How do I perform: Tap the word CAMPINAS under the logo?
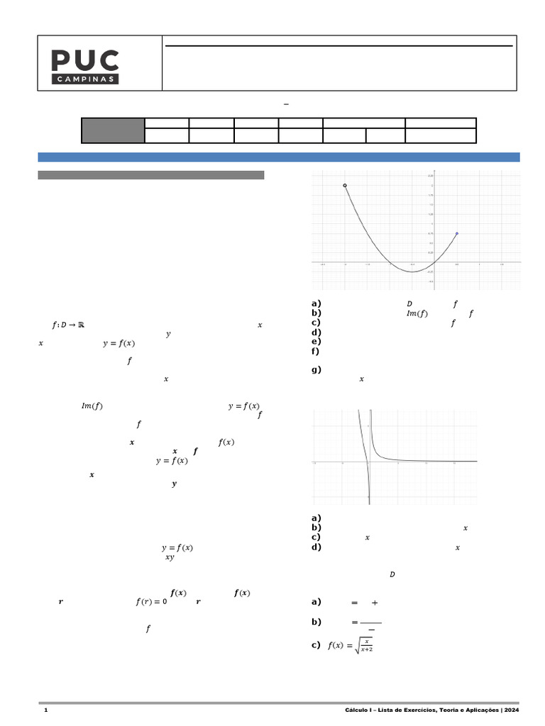(84, 79)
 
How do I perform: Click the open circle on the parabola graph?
(345, 186)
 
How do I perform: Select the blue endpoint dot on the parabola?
(456, 233)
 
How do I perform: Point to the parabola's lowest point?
(412, 272)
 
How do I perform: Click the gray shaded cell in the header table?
(113, 131)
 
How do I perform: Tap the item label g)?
(316, 369)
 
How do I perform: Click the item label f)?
(315, 350)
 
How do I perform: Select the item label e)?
(316, 341)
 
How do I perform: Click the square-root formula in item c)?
(350, 645)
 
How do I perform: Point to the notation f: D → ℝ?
(69, 325)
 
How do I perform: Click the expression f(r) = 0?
(150, 602)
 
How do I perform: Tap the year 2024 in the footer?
(512, 710)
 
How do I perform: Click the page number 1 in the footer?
(46, 710)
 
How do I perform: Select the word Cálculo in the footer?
(357, 710)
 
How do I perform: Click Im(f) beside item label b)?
(417, 313)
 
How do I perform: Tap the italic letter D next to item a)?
(409, 303)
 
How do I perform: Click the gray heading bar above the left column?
(150, 174)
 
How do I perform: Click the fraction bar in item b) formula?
(370, 622)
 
